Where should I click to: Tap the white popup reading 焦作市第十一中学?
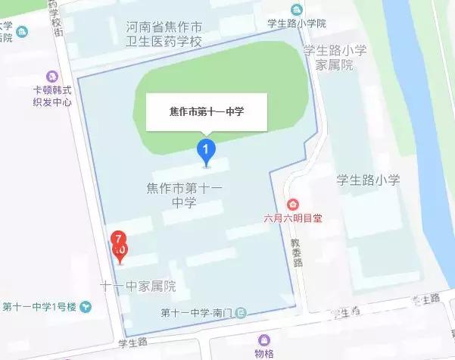[207, 112]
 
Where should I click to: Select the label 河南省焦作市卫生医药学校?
[164, 34]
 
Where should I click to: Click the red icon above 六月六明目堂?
[292, 205]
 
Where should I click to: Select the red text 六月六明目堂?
[292, 219]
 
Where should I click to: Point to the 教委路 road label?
[298, 252]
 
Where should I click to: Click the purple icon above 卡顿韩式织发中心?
[51, 77]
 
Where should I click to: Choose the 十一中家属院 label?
[139, 286]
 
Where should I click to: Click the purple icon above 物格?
[263, 340]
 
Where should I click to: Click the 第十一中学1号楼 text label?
[39, 307]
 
